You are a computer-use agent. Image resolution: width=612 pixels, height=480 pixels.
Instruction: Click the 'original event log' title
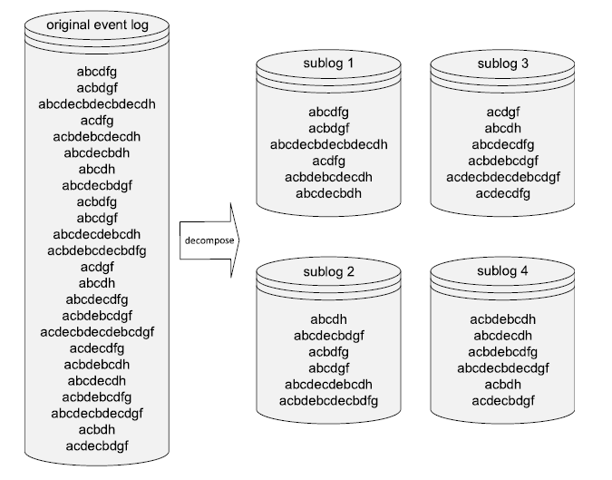pyautogui.click(x=97, y=23)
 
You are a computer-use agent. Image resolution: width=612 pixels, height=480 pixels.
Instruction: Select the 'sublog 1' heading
pyautogui.click(x=328, y=64)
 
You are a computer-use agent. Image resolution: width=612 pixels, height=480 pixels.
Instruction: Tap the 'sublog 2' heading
pyautogui.click(x=328, y=272)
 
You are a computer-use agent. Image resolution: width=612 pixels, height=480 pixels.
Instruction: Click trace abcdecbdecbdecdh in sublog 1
pyautogui.click(x=328, y=144)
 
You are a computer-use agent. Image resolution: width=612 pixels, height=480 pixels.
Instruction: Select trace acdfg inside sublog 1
pyautogui.click(x=328, y=161)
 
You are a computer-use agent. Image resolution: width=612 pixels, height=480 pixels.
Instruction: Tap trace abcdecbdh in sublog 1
pyautogui.click(x=328, y=193)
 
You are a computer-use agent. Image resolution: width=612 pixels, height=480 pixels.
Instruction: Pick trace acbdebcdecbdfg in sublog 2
pyautogui.click(x=328, y=400)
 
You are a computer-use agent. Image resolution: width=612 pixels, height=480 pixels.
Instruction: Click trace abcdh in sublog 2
pyautogui.click(x=328, y=319)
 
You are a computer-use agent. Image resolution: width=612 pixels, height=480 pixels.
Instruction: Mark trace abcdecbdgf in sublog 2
pyautogui.click(x=328, y=336)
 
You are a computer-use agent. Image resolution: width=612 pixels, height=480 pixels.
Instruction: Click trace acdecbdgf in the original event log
pyautogui.click(x=97, y=446)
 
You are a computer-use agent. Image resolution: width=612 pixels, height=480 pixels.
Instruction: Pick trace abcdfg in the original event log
pyautogui.click(x=97, y=71)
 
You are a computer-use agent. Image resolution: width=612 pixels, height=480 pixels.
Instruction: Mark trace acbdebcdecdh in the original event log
pyautogui.click(x=97, y=136)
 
